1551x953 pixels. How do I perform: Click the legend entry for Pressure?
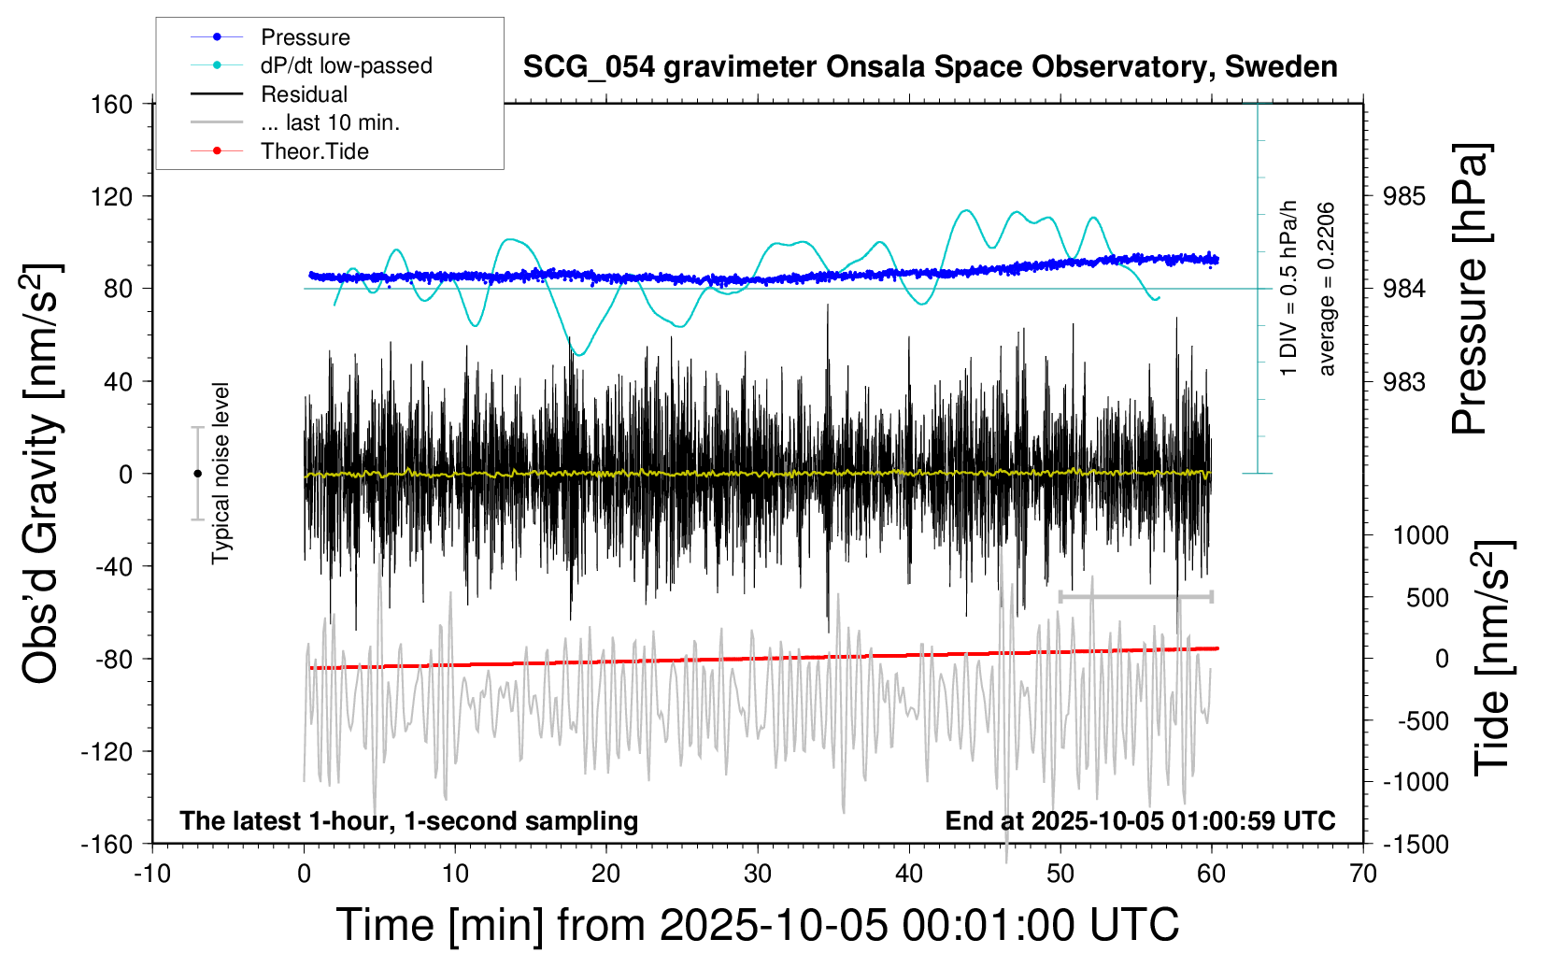tap(305, 37)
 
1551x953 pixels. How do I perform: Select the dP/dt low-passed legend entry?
tap(346, 65)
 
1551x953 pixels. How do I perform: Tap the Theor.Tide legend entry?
tap(314, 151)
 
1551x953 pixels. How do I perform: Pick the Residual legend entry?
tap(304, 94)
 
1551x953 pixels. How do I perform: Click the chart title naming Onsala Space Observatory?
tap(930, 67)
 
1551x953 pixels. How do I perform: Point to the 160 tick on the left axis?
tap(112, 104)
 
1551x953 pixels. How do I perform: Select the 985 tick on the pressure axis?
tap(1404, 196)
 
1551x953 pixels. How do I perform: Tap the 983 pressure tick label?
tap(1404, 381)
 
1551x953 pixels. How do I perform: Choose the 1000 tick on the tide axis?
tap(1420, 535)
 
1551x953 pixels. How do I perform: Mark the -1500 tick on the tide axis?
tap(1416, 844)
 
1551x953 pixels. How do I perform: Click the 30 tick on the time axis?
tap(758, 874)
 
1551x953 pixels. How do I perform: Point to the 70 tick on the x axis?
tap(1363, 874)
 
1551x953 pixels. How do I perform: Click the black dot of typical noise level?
tap(197, 474)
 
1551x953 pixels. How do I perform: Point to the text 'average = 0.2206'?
tap(1326, 289)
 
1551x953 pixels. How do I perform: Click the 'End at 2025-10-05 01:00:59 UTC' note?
tap(1140, 821)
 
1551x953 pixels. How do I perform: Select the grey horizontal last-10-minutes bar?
tap(1135, 596)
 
